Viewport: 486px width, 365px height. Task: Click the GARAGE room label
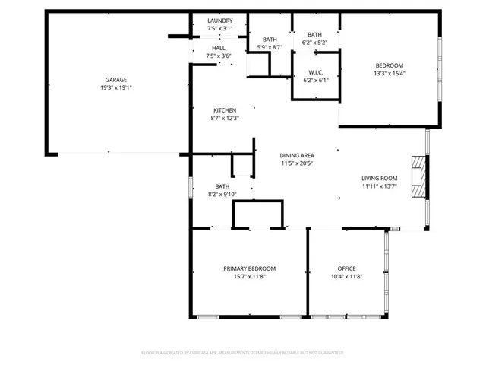tap(115, 80)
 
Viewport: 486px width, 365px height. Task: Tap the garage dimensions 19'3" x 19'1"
tap(115, 88)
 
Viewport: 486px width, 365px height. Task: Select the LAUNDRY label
tap(219, 21)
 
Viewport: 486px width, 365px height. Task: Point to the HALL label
tap(219, 47)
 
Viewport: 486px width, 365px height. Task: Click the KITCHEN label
tap(224, 110)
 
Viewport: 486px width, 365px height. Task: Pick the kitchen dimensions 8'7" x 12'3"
tap(224, 118)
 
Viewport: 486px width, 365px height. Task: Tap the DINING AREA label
tap(298, 154)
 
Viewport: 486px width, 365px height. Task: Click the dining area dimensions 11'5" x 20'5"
tap(298, 163)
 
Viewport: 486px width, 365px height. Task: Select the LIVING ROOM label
tap(379, 178)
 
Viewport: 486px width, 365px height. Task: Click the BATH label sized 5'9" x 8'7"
tap(270, 40)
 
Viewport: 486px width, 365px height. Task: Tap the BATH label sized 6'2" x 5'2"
tap(314, 35)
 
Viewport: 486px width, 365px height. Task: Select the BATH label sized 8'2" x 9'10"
tap(222, 186)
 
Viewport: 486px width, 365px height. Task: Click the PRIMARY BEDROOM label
tap(249, 268)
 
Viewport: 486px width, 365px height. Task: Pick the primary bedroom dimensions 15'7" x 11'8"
tap(249, 277)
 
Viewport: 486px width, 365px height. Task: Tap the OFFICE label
tap(346, 268)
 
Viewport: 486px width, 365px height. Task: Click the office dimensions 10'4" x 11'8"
tap(346, 277)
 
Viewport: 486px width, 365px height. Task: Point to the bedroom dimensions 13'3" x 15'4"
tap(390, 74)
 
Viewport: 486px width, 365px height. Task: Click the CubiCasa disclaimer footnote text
tap(243, 353)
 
